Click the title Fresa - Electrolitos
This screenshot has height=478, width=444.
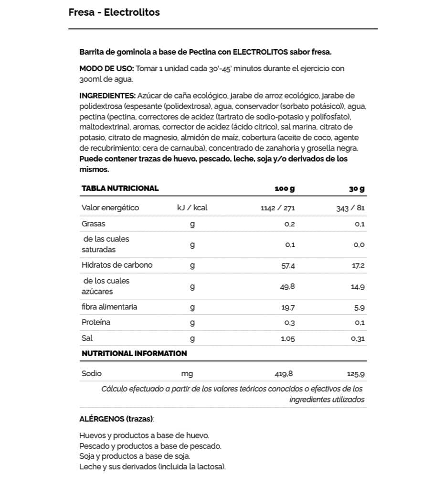click(x=114, y=12)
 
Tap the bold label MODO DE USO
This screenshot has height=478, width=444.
click(x=106, y=68)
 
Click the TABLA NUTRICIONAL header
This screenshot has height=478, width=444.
click(x=120, y=188)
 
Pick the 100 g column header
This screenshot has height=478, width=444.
click(x=285, y=189)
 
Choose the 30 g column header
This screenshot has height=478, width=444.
click(x=357, y=189)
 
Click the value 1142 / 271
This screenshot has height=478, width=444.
click(x=278, y=208)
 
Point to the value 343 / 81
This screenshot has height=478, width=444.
click(x=351, y=208)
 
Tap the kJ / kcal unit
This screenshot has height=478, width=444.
click(x=192, y=208)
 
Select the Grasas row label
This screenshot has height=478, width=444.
click(x=94, y=223)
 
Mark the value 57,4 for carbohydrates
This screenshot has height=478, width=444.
click(x=288, y=266)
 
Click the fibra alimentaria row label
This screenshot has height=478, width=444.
click(x=109, y=307)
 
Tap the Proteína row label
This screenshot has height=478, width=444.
click(x=96, y=322)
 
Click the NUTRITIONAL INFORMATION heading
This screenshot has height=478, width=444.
click(x=134, y=354)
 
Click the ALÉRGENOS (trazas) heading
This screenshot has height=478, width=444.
click(x=116, y=419)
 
